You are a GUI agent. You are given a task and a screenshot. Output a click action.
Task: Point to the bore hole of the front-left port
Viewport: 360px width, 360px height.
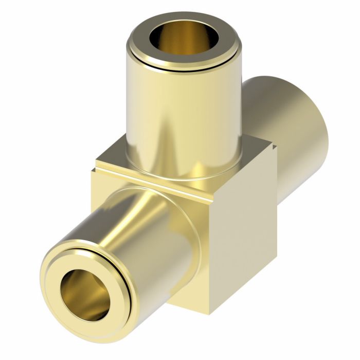(x=86, y=295)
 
